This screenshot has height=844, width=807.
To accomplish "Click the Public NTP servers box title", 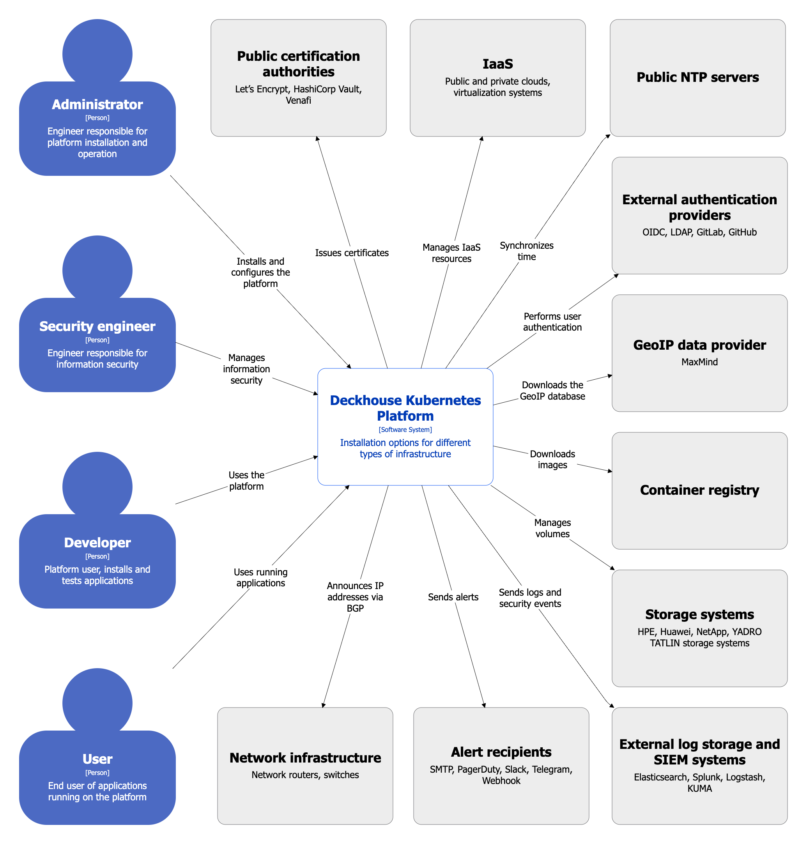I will click(697, 77).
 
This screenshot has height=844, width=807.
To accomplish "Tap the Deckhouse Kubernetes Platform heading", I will click(405, 408).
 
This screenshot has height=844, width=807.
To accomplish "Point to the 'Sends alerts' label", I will click(453, 597).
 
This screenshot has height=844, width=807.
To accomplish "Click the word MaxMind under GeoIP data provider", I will click(699, 362).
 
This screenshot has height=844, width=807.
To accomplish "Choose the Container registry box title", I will click(699, 490).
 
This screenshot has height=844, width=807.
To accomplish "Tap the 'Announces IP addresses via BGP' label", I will click(355, 597).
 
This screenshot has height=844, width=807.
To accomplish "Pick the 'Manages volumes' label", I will click(552, 528).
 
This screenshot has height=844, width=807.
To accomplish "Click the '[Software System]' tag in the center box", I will click(405, 429).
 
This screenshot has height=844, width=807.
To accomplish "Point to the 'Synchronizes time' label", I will click(527, 251).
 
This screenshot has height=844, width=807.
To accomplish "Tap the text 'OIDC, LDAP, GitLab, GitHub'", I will click(699, 232).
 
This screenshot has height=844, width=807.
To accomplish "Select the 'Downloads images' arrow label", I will click(552, 460).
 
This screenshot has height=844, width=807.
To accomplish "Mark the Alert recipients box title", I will click(501, 752).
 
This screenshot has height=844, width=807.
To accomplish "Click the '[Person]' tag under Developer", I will click(97, 556).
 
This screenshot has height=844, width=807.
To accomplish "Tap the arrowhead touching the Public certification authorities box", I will click(317, 139).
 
